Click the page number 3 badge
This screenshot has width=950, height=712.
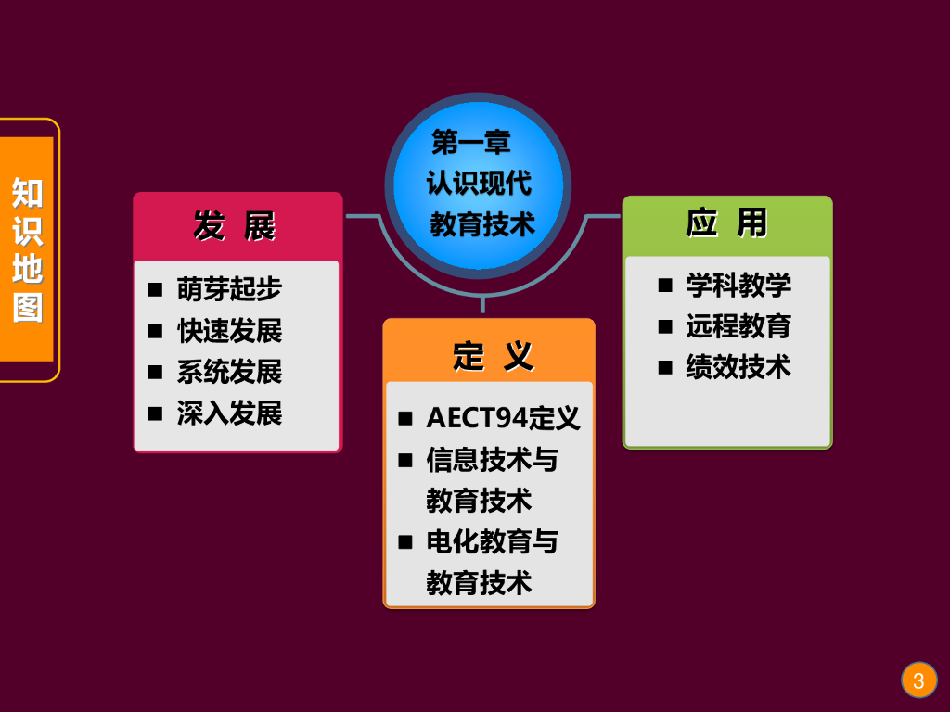(918, 681)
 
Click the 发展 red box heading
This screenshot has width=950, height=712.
(235, 225)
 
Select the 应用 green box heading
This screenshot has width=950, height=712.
(727, 223)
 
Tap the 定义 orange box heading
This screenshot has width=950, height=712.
(493, 355)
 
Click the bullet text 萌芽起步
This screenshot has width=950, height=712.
(229, 289)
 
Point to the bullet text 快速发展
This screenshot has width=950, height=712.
(229, 331)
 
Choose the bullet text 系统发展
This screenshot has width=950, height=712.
(229, 372)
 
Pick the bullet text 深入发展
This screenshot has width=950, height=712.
(229, 413)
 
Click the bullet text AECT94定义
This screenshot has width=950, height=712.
(503, 418)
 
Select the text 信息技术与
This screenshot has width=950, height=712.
(492, 459)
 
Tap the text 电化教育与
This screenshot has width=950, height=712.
(492, 541)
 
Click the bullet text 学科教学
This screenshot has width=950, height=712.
(738, 285)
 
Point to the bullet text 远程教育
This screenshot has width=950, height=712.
(738, 326)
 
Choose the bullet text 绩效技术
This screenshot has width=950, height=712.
(738, 367)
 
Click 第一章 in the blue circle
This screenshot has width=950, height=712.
(471, 143)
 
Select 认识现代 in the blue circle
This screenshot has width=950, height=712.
(479, 183)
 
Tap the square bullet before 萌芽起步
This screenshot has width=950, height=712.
(155, 289)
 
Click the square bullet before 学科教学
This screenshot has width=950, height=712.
(665, 285)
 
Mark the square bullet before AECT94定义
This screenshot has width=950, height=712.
(405, 418)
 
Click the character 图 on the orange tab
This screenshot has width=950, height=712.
(27, 307)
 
